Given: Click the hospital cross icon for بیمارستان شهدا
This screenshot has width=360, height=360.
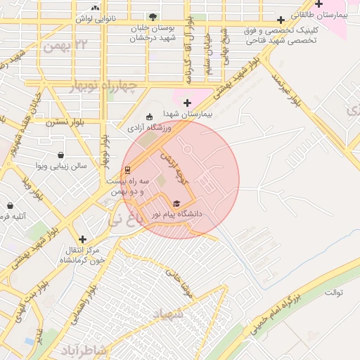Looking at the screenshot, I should click(187, 103).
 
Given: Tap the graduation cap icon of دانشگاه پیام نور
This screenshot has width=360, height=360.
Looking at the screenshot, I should click(176, 203).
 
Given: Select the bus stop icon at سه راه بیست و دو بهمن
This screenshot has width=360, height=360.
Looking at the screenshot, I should click(127, 169).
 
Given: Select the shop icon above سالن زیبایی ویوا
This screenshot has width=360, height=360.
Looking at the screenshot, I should click(61, 155).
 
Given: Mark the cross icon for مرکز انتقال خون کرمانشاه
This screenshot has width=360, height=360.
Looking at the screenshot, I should click(83, 239).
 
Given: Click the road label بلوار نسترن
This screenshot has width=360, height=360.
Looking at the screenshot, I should click(65, 122).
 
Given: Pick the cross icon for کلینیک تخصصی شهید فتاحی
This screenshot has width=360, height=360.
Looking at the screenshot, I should click(282, 20).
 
